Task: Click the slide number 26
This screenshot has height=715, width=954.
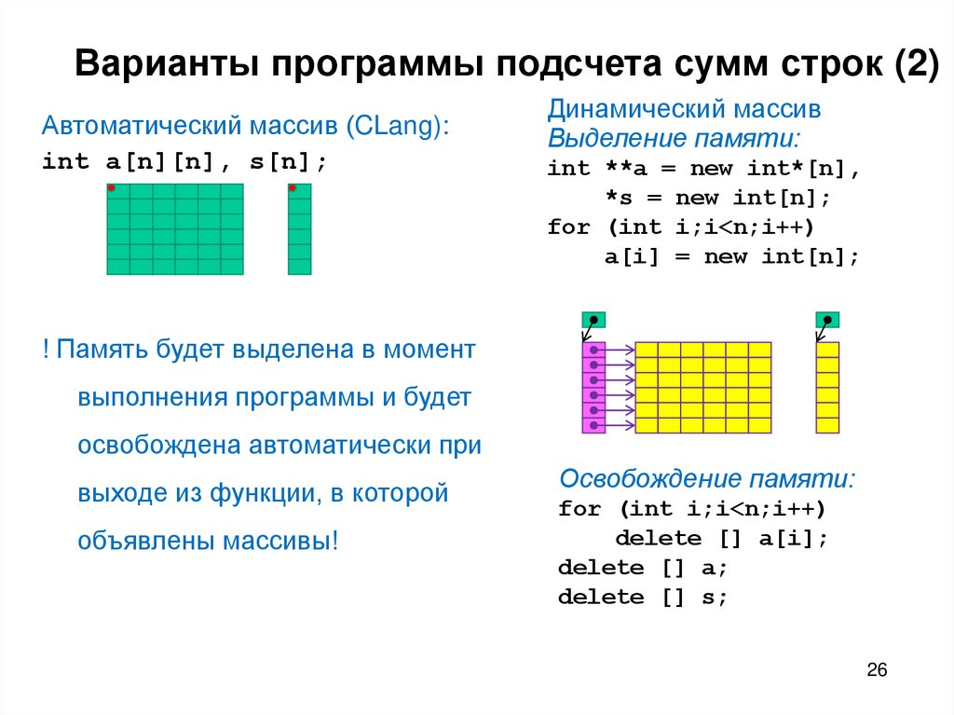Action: (x=877, y=670)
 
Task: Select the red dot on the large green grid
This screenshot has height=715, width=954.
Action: (x=111, y=188)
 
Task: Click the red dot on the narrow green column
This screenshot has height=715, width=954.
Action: (x=293, y=188)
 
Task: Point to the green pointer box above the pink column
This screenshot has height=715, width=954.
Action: (x=593, y=320)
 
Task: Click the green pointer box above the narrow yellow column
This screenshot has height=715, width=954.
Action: (x=827, y=320)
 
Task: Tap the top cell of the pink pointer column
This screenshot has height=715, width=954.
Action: (x=593, y=350)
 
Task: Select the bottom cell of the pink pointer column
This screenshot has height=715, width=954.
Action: (x=593, y=426)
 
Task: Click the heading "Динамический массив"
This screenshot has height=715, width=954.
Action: (x=684, y=110)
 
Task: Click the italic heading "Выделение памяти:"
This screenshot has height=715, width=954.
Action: (x=674, y=139)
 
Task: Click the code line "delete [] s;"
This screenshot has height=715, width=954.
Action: (x=642, y=598)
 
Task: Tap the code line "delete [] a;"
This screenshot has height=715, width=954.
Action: (x=642, y=568)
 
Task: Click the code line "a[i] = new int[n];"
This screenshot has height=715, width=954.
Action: (x=732, y=257)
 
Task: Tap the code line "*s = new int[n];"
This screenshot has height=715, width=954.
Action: (x=717, y=198)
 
